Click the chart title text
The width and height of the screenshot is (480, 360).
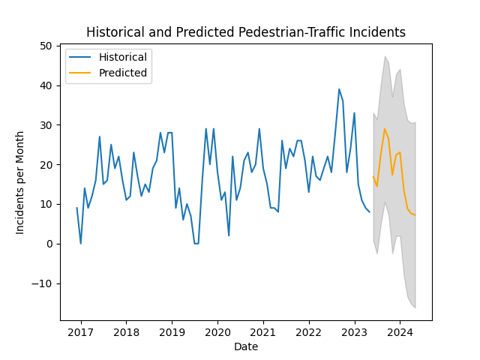tap(246, 32)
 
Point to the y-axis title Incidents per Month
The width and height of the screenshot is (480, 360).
tap(20, 182)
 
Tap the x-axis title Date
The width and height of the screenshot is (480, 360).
tap(246, 346)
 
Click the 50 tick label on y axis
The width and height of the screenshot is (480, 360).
tap(46, 46)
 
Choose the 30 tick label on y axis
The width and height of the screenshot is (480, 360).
tap(46, 125)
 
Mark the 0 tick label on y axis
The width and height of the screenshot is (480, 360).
tap(49, 244)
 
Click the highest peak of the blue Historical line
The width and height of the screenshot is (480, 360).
tap(339, 89)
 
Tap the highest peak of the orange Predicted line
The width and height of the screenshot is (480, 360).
tap(385, 129)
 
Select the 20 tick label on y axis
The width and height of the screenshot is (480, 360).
tap(46, 165)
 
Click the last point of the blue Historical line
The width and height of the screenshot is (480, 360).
tap(369, 212)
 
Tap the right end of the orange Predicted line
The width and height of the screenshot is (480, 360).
tap(415, 215)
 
